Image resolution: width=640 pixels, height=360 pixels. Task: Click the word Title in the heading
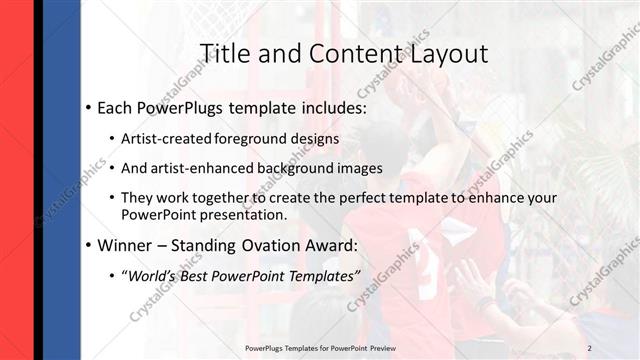click(225, 53)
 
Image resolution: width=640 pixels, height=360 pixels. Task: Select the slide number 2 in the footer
click(590, 347)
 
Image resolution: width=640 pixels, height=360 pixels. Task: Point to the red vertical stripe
click(15, 180)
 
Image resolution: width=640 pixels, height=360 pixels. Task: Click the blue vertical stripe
click(62, 180)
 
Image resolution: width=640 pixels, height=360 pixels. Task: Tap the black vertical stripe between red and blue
click(37, 180)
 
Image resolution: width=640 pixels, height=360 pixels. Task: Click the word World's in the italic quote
click(155, 275)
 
